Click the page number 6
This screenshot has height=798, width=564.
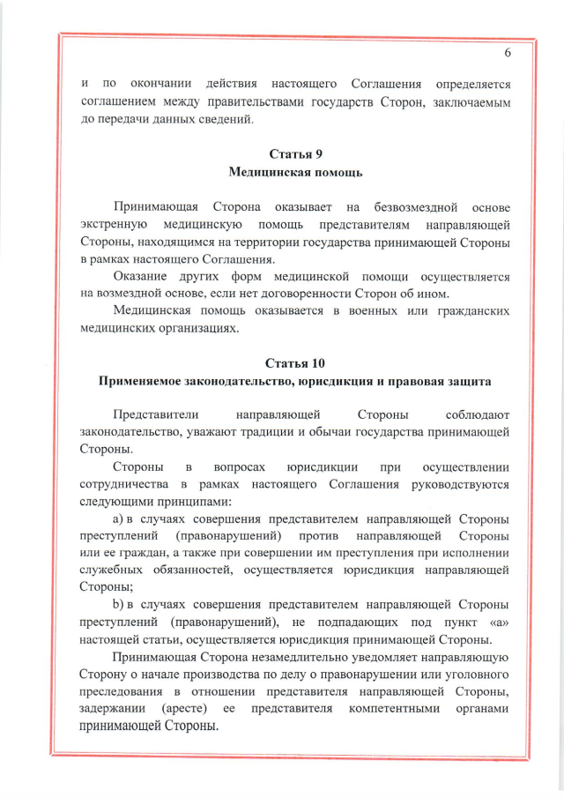tap(508, 52)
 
